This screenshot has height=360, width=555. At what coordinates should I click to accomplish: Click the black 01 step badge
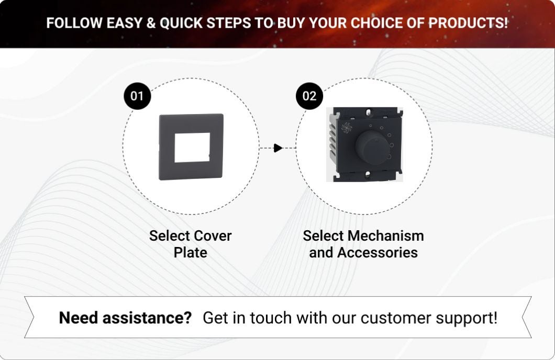[137, 96]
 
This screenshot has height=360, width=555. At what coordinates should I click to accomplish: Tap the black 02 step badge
[309, 96]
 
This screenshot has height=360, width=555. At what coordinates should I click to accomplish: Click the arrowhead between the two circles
[278, 148]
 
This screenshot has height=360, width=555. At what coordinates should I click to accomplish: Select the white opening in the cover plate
[192, 148]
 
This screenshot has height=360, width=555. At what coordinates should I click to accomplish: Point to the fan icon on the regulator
[347, 128]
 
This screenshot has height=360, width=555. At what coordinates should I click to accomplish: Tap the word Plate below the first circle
[191, 253]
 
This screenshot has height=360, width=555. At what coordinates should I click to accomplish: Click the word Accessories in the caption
[378, 253]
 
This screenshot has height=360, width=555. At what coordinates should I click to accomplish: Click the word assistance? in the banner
[147, 318]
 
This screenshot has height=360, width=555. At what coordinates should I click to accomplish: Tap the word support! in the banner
[467, 318]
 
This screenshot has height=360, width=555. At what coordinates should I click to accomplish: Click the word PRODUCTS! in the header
[468, 23]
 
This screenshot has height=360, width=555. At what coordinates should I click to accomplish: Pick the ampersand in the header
[151, 23]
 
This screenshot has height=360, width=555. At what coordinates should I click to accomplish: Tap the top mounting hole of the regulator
[369, 113]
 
